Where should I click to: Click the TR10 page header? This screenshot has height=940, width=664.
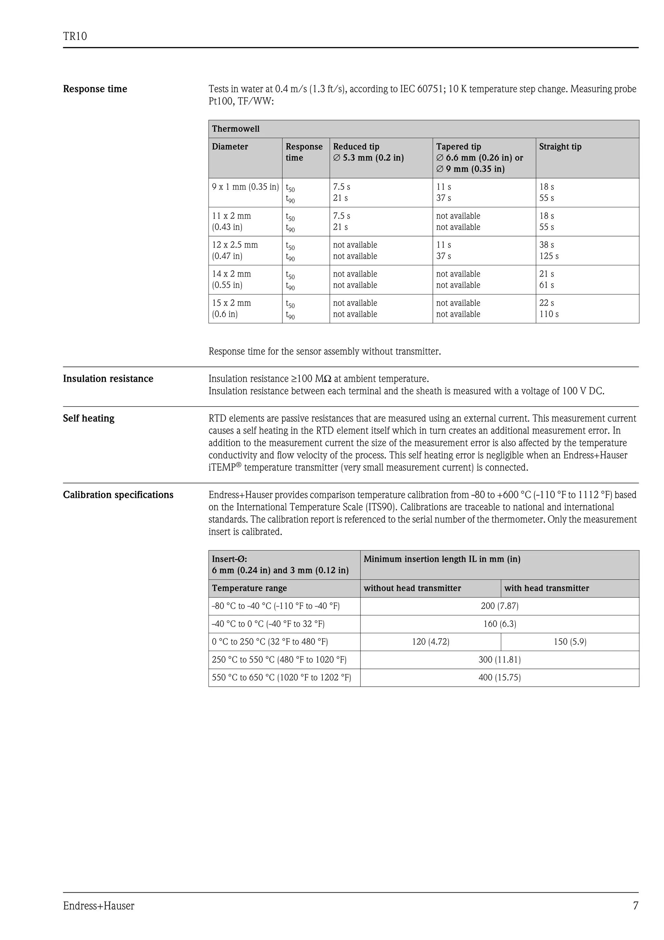click(x=75, y=36)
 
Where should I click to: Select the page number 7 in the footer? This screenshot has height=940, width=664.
click(x=635, y=906)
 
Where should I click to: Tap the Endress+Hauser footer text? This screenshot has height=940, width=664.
click(x=99, y=906)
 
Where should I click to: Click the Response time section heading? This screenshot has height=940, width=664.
click(x=95, y=89)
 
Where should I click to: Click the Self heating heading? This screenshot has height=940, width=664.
click(x=89, y=418)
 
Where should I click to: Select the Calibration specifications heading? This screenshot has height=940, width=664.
click(x=118, y=495)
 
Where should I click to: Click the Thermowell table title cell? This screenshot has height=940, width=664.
click(x=236, y=129)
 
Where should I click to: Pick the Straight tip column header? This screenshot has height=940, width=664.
click(x=560, y=147)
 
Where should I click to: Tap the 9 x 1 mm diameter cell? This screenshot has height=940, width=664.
click(x=245, y=187)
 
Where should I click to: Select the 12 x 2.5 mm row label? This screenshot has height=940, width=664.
click(x=235, y=250)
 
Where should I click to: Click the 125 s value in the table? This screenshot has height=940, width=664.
click(x=549, y=256)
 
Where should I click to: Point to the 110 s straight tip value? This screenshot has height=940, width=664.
click(x=549, y=314)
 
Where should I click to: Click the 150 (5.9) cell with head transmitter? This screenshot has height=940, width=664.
click(x=570, y=642)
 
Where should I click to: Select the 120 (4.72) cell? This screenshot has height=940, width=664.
click(x=430, y=642)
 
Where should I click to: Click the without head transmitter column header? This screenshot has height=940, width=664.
click(x=412, y=588)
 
